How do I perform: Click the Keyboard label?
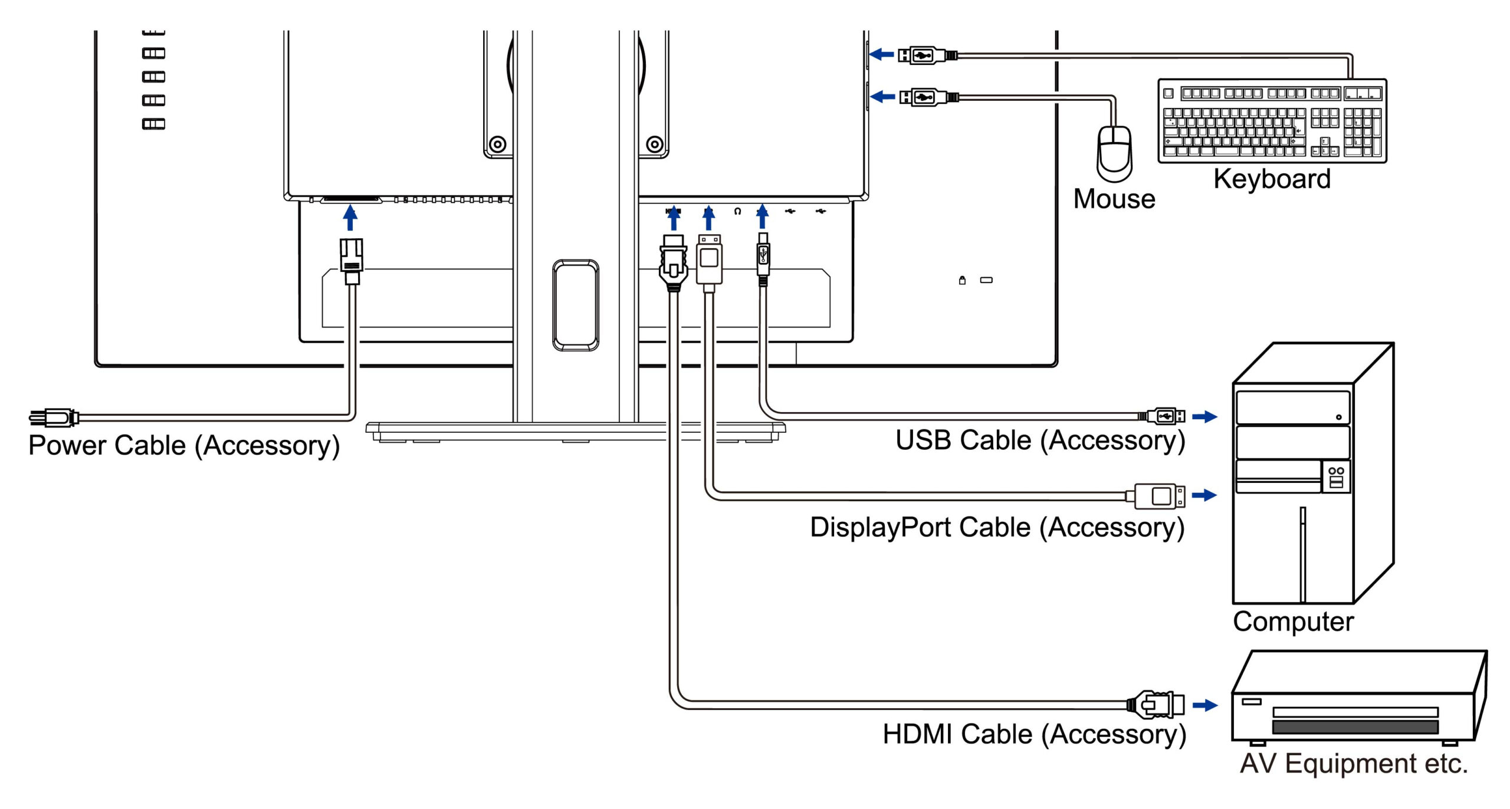pos(1272,179)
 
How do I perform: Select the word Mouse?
pos(1114,199)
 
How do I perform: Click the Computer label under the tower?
pos(1293,621)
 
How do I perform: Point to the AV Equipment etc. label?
pos(1353,764)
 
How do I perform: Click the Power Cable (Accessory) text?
pos(184,445)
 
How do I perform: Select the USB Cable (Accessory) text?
pos(1040,440)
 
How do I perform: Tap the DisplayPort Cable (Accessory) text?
pos(997,527)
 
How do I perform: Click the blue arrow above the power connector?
pos(350,217)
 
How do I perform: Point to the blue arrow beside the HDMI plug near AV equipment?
pos(1205,705)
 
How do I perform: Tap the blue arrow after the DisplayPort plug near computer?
pos(1204,495)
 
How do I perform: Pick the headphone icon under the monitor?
pos(737,211)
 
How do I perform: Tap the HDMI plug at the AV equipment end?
pos(1156,705)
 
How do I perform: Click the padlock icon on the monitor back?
pos(962,280)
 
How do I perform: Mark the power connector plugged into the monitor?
pos(351,259)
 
